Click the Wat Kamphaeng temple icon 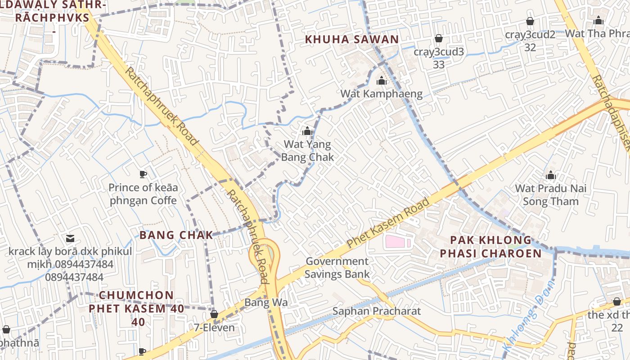[x=382, y=81]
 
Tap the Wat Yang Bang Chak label [x=307, y=151]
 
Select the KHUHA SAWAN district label [x=352, y=40]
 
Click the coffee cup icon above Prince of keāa [x=143, y=174]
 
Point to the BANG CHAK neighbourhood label [x=176, y=235]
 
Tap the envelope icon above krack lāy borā [x=70, y=238]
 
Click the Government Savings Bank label [x=337, y=268]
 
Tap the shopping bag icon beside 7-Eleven [x=214, y=314]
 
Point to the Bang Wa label [x=266, y=302]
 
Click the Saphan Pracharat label [x=377, y=311]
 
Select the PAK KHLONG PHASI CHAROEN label [x=490, y=247]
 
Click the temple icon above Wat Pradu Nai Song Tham [x=551, y=175]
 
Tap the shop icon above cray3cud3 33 [x=438, y=39]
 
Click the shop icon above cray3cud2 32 [x=530, y=21]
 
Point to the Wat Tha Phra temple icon [x=598, y=20]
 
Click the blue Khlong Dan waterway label [x=529, y=317]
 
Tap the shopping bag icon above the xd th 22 [x=616, y=301]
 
